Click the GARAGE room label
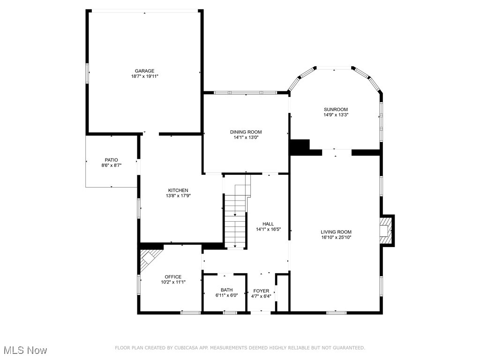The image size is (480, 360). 144,71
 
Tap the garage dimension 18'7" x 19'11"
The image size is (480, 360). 144,76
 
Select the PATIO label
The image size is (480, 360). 112,160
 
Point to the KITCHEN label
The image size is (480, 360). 178,190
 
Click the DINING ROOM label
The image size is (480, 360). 246,132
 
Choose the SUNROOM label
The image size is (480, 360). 336,109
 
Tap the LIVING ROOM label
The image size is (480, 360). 336,232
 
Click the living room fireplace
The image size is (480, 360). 386,230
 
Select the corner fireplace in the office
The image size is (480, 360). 150,257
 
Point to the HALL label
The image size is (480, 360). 268,224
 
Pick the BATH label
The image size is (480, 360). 226,290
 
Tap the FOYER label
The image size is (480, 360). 261,291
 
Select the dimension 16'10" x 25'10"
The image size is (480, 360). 336,238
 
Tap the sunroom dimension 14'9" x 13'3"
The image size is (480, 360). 336,115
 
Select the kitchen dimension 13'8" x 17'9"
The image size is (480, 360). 178,196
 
